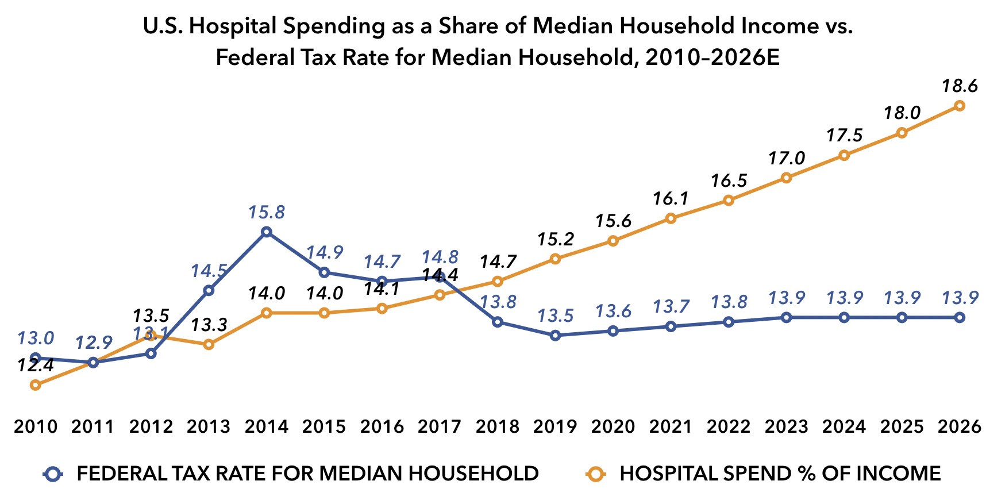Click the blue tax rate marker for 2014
click(267, 232)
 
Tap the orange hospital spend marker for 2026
click(959, 106)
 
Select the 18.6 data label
click(959, 86)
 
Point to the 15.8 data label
click(267, 213)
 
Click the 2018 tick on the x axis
click(498, 426)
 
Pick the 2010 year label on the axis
click(36, 426)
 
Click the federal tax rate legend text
click(307, 474)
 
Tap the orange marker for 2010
click(36, 385)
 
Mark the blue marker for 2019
click(555, 335)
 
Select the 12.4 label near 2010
click(36, 366)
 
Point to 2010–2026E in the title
click(712, 58)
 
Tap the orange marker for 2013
click(209, 344)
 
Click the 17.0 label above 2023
click(787, 158)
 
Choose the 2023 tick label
click(787, 426)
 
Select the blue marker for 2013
click(209, 290)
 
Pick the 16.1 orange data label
click(671, 199)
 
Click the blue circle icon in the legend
click(53, 474)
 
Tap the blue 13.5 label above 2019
click(555, 316)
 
